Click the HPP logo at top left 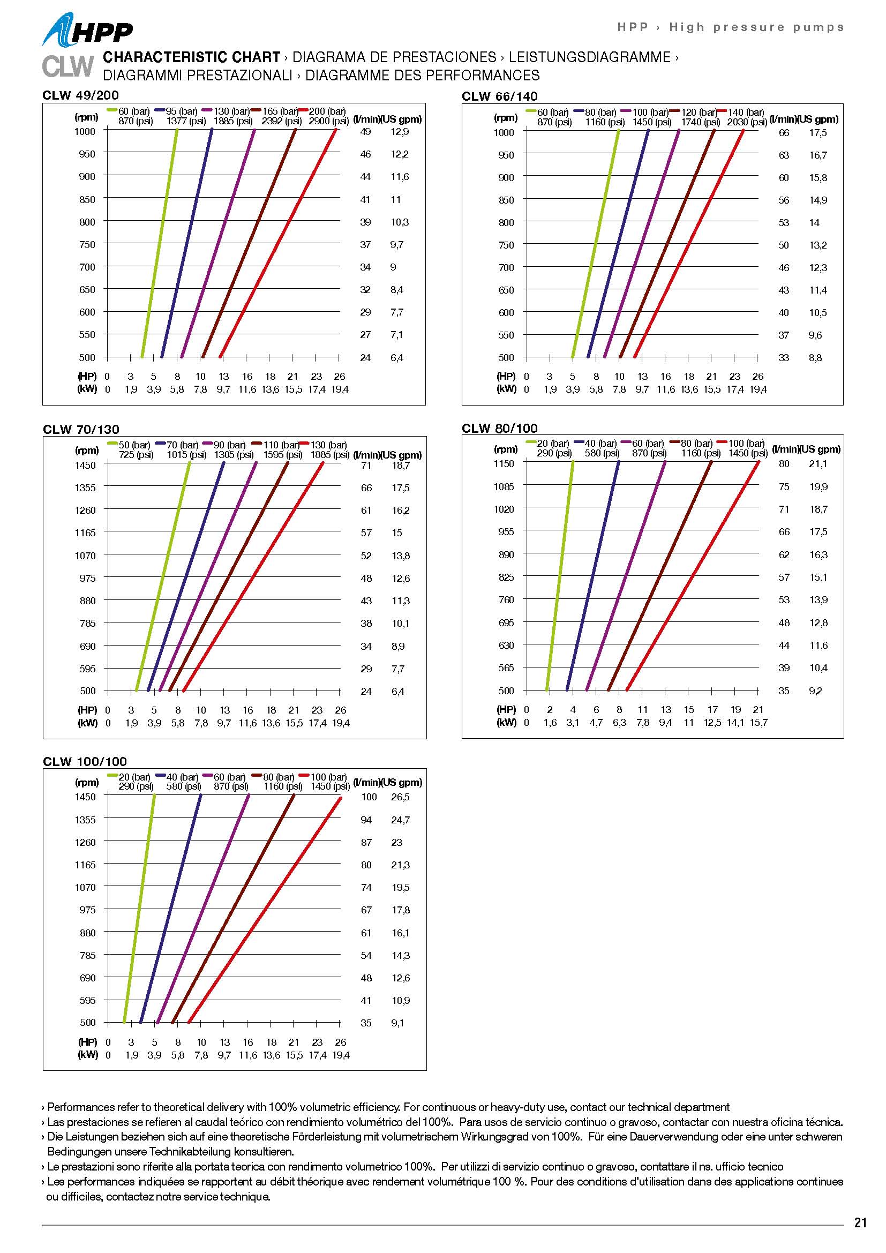[87, 31]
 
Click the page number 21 [860, 1222]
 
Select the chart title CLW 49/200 [80, 95]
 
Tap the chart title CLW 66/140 [499, 96]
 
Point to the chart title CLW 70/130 [81, 430]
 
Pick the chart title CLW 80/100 [499, 429]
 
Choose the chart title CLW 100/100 [85, 761]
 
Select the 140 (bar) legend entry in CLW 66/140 [746, 112]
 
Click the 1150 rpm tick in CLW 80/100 [504, 463]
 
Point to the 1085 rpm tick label [504, 486]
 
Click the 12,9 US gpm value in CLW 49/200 [400, 132]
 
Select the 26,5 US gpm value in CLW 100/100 [400, 797]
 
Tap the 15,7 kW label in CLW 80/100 [759, 723]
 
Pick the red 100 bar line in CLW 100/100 [265, 910]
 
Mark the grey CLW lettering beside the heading [67, 66]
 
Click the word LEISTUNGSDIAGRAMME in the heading [589, 57]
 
